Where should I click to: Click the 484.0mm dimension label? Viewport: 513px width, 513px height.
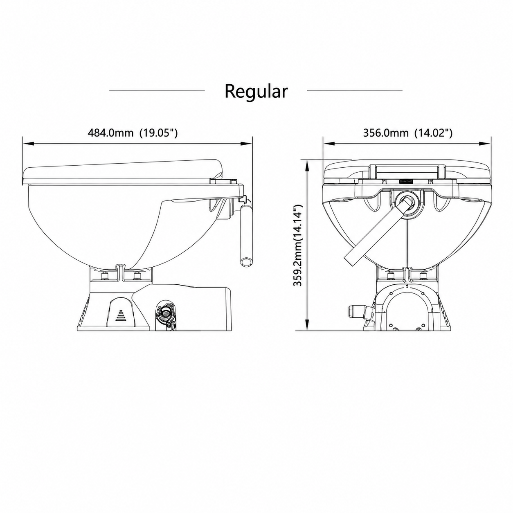tap(110, 133)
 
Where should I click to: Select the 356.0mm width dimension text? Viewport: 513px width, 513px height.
tap(385, 133)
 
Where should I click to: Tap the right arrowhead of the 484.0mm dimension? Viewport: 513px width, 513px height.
tap(246, 144)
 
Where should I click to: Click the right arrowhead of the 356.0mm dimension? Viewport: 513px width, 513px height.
tap(485, 144)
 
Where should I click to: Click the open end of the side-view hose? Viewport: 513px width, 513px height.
tap(246, 262)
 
